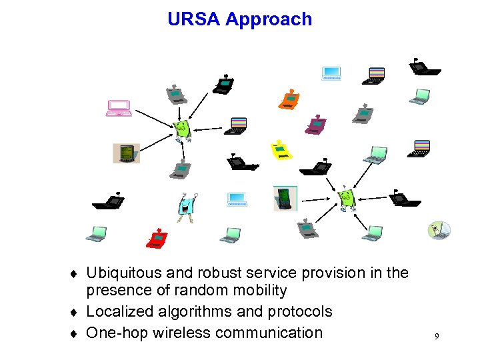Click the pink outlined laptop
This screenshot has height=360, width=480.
coord(119,107)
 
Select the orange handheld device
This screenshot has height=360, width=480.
coord(289,99)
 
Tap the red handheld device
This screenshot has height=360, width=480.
coord(157,238)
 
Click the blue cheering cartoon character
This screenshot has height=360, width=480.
coord(187,207)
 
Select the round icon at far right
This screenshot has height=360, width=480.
coord(439,230)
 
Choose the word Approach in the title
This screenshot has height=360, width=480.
coord(269,19)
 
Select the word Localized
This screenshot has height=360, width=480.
coord(117,311)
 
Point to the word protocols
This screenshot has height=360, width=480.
coord(299,311)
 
